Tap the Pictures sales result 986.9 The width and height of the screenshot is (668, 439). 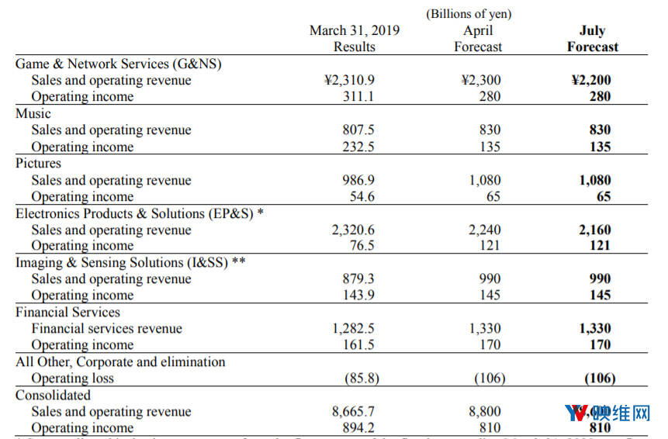[x=358, y=180]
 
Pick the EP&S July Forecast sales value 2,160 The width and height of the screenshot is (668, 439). [x=594, y=230]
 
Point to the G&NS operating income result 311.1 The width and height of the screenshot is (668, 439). [x=358, y=97]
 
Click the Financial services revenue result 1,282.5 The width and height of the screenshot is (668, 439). [x=354, y=328]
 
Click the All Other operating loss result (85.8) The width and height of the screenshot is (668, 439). [x=358, y=378]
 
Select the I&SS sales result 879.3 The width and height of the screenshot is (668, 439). [x=358, y=278]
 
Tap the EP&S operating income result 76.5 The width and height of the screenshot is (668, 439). [x=362, y=246]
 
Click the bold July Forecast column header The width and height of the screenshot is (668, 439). [x=592, y=39]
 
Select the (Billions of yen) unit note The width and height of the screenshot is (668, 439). [x=468, y=14]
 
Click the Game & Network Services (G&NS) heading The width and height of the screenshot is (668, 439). [x=118, y=64]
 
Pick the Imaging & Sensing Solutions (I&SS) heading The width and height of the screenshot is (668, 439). [x=130, y=262]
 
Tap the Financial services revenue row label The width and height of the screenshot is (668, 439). [x=106, y=328]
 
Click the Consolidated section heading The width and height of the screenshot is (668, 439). [x=53, y=395]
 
